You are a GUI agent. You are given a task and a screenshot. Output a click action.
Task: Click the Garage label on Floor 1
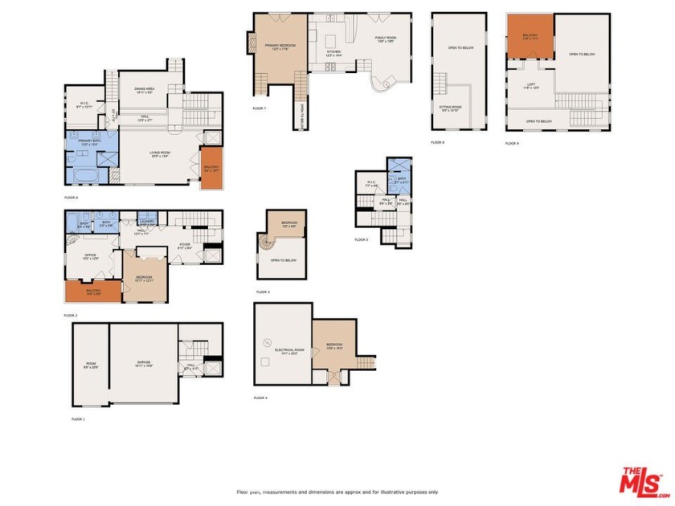144,364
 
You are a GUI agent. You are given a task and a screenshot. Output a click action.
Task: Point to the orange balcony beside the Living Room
211,168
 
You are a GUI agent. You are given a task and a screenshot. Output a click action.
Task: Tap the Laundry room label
146,222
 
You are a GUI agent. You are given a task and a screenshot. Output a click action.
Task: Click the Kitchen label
333,53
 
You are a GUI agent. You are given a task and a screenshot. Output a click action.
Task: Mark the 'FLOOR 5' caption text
362,239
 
